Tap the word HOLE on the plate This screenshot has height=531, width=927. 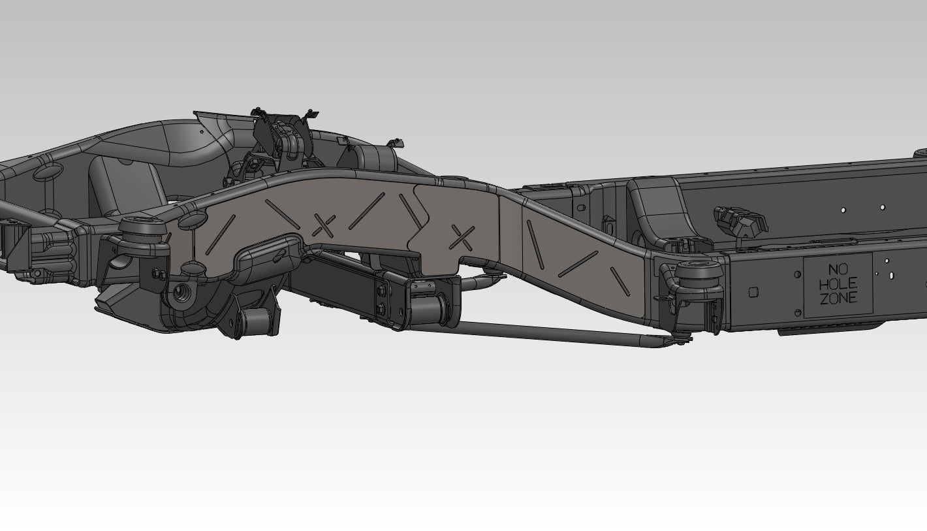[x=838, y=284]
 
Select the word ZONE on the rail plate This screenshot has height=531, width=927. [x=838, y=298]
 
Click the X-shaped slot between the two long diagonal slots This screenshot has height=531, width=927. [x=324, y=225]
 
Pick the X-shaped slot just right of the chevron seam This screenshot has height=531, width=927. [x=463, y=238]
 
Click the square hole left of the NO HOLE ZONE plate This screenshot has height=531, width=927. [x=753, y=293]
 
